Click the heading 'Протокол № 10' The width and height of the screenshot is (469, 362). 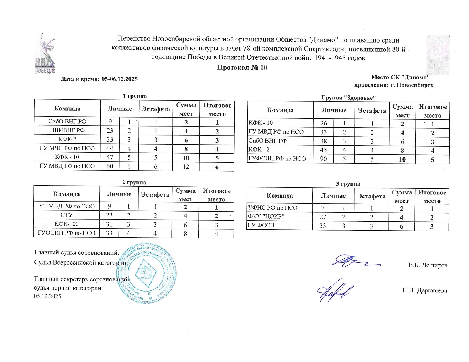click(242, 68)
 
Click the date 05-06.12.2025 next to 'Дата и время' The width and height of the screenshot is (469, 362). click(119, 79)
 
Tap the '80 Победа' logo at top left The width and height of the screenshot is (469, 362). click(45, 54)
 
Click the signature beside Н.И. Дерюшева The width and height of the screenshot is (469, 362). click(335, 291)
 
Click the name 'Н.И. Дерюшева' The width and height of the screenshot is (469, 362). click(424, 290)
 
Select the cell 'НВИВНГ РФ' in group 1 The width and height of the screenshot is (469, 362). click(67, 130)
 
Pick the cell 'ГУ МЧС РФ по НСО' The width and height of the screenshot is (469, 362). click(67, 148)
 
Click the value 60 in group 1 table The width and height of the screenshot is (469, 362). click(110, 166)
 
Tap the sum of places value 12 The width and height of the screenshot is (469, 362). click(186, 167)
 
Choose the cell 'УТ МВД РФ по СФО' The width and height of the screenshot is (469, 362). click(67, 206)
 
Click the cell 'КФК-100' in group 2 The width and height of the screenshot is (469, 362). click(67, 224)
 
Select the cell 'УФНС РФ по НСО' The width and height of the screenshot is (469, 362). click(273, 208)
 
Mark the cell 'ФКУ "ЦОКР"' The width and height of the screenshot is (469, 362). click(266, 217)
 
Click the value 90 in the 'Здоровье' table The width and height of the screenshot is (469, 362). click(323, 159)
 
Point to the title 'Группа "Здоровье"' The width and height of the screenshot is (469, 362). click(348, 98)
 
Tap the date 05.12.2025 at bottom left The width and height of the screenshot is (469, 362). click(47, 296)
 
